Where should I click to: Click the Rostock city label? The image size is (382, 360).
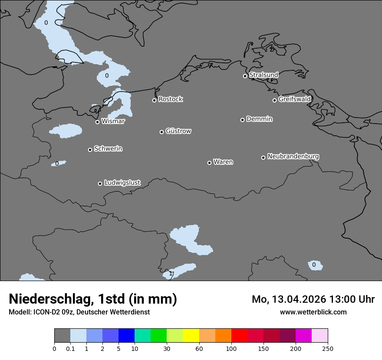tap(170, 99)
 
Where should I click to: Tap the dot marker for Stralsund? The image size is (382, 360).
tap(245, 76)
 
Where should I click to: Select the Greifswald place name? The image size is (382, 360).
tap(294, 99)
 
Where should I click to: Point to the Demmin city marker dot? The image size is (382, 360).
tap(242, 120)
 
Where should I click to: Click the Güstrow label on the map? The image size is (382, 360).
tap(178, 131)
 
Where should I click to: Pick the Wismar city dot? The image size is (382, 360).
tap(97, 122)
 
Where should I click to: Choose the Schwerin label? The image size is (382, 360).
tap(108, 149)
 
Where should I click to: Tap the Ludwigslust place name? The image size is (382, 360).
tap(122, 183)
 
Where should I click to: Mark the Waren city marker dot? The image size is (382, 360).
tap(209, 163)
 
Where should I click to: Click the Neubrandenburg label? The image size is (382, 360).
tap(293, 156)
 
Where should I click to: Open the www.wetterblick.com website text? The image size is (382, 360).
tap(313, 312)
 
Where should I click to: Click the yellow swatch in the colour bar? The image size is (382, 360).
tap(191, 336)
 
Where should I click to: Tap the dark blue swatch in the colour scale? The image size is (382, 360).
tap(126, 336)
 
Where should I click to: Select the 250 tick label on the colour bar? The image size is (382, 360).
tap(328, 348)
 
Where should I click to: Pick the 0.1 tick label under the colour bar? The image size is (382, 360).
tap(70, 348)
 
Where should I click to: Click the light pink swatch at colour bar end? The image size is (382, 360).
tap(319, 336)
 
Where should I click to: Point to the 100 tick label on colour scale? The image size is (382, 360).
tap(231, 348)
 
